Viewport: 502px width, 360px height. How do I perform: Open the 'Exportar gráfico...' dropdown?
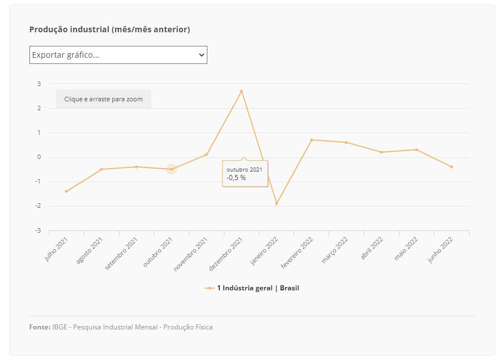[118, 55]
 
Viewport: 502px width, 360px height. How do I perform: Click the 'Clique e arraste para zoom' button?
[104, 99]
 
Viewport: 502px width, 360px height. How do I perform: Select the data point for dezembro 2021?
[241, 91]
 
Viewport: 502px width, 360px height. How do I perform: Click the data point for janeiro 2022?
[276, 204]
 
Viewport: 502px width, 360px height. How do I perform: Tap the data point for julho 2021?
[66, 191]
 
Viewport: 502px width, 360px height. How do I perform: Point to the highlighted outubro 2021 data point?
[172, 169]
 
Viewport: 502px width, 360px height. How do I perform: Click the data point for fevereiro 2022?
[312, 140]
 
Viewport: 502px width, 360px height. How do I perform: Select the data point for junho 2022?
[452, 167]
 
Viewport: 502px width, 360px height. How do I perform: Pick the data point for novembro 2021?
[206, 155]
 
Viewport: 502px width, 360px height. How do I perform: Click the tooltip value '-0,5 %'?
[236, 178]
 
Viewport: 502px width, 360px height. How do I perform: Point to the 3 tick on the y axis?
[39, 84]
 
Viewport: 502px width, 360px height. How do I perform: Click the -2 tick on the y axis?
[39, 206]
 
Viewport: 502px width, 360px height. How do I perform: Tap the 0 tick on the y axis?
[39, 157]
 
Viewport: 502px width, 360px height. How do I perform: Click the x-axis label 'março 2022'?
[335, 250]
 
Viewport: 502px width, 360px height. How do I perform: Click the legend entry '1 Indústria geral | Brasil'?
[258, 288]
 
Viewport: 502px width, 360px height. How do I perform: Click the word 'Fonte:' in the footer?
[40, 327]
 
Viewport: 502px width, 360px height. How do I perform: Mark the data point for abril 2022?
[381, 152]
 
